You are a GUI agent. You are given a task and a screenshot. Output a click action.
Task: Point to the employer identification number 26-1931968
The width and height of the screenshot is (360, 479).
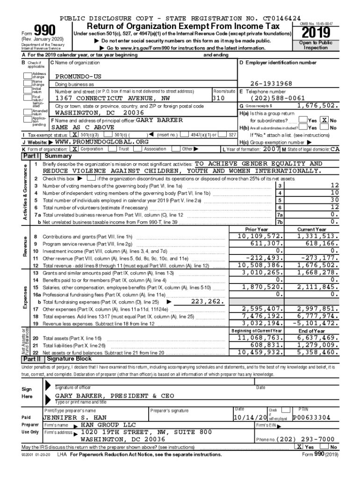[x=271, y=83]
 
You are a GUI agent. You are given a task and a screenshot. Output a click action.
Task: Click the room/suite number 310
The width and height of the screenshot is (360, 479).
[x=219, y=99]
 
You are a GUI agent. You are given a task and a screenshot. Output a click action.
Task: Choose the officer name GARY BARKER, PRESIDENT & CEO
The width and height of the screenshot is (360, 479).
[x=115, y=396]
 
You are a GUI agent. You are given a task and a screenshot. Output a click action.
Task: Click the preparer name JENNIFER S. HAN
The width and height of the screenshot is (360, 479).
[x=75, y=417]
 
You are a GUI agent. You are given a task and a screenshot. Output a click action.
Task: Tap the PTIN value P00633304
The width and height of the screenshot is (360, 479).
[x=312, y=417]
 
